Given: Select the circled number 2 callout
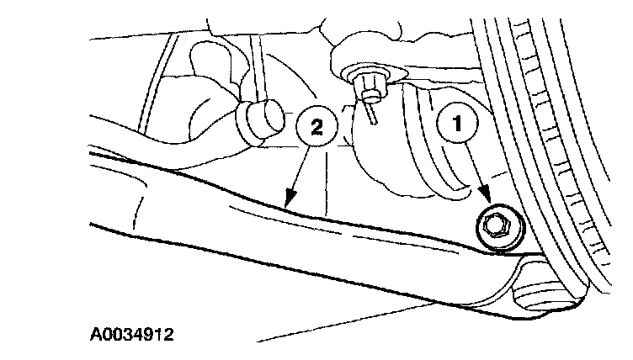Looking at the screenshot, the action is (315, 126).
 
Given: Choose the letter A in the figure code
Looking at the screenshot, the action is (96, 335).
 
